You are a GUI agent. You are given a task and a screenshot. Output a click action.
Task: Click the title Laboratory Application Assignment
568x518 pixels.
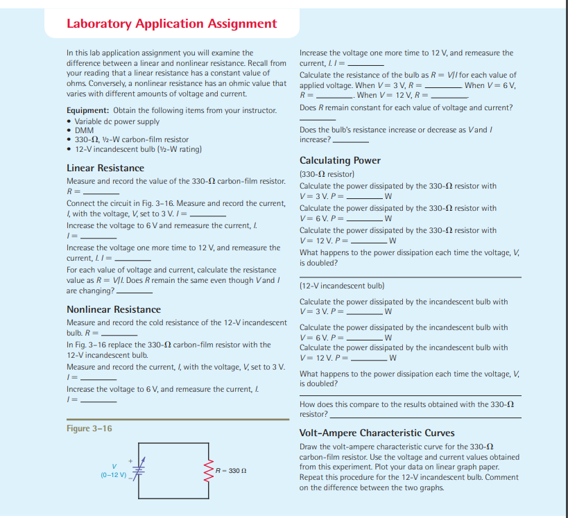coord(171,24)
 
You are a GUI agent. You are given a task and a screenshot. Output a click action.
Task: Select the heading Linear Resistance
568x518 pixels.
coord(105,168)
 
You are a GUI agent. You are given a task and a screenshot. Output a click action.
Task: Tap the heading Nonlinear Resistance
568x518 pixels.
coord(113,309)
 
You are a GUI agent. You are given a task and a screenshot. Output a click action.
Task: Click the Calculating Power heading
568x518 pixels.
coord(340,160)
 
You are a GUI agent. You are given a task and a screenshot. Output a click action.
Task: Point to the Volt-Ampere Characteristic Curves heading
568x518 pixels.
coord(377,433)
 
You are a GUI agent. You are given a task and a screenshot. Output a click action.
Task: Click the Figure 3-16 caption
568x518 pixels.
coord(89,429)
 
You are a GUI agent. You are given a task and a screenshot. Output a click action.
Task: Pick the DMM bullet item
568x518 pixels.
coord(84,130)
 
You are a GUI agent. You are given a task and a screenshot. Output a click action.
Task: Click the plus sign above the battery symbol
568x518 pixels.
coord(129,458)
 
